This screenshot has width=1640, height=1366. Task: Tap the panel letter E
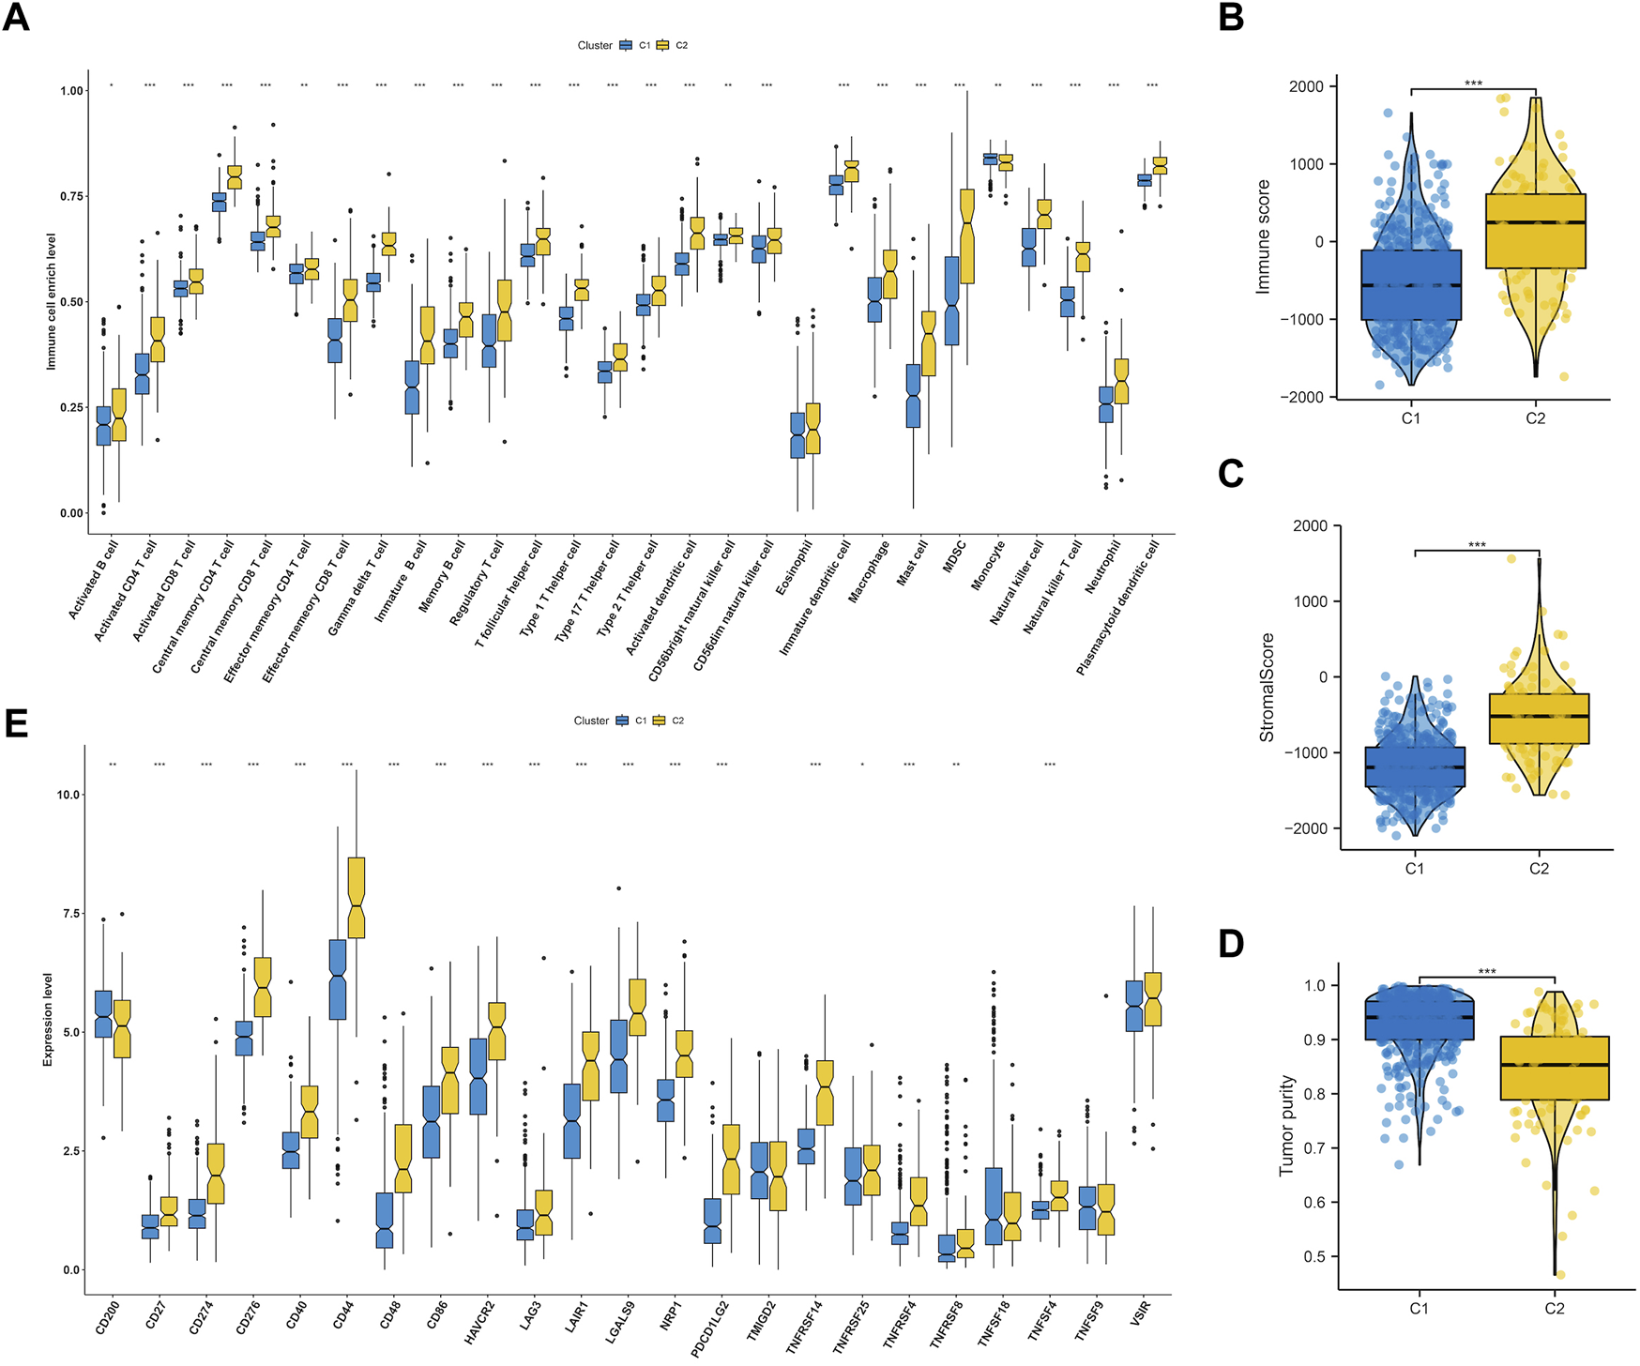[16, 724]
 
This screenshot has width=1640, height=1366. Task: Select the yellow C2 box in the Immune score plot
[1536, 231]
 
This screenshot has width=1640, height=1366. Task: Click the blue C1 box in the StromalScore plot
[1415, 766]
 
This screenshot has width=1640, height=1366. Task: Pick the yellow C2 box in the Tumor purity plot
[1555, 1068]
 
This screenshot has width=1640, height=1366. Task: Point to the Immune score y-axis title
[1263, 236]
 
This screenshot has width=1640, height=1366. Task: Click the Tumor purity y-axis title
[1286, 1126]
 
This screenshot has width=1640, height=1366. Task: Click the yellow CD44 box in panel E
[357, 897]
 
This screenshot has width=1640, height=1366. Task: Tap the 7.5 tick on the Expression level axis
[67, 914]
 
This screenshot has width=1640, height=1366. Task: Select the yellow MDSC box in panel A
[967, 235]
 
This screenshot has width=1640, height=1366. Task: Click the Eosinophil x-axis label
[794, 567]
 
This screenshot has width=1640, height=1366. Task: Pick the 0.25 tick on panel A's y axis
[72, 408]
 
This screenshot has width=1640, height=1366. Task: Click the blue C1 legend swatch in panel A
[626, 45]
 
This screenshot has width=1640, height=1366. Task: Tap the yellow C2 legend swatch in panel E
[660, 721]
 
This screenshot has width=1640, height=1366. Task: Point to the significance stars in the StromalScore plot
[1477, 545]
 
